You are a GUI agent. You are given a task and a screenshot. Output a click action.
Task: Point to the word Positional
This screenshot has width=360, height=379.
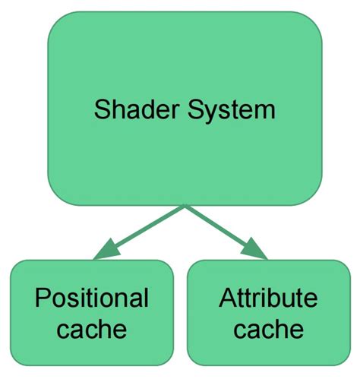pos(92,298)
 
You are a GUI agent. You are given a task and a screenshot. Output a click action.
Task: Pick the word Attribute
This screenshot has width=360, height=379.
pos(268,298)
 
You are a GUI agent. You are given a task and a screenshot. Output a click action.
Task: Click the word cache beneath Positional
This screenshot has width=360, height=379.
pos(92,330)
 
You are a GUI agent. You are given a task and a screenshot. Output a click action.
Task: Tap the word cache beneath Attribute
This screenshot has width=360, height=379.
pos(268,330)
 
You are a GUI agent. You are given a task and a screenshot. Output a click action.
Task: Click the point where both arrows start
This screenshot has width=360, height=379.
pos(185,207)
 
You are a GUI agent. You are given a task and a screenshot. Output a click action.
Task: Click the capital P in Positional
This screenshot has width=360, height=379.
pos(43,298)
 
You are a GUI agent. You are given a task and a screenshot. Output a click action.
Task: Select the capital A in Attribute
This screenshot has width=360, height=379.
pos(227,298)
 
